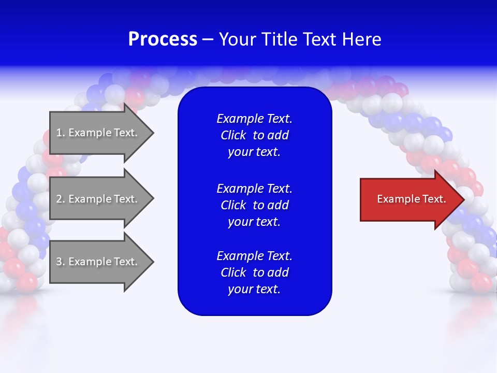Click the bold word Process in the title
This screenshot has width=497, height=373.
pyautogui.click(x=163, y=39)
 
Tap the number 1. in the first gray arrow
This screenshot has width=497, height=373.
pyautogui.click(x=61, y=133)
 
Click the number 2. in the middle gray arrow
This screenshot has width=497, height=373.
pyautogui.click(x=61, y=199)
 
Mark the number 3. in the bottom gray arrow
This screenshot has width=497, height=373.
pyautogui.click(x=61, y=262)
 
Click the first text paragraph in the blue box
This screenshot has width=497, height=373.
pyautogui.click(x=254, y=135)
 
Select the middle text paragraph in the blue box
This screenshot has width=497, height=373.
pyautogui.click(x=254, y=205)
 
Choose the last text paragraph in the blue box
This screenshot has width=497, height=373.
pyautogui.click(x=254, y=272)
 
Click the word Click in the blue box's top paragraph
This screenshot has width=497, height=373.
pyautogui.click(x=233, y=135)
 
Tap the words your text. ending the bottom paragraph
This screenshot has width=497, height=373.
pyautogui.click(x=254, y=289)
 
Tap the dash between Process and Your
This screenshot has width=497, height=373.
pyautogui.click(x=208, y=39)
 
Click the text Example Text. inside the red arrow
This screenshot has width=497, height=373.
pyautogui.click(x=412, y=199)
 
